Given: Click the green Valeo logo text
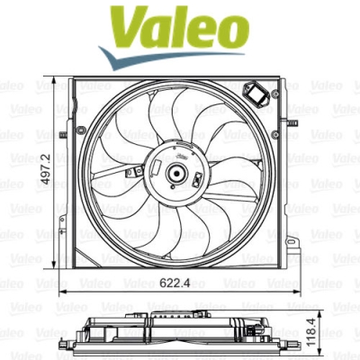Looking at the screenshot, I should (179, 29).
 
